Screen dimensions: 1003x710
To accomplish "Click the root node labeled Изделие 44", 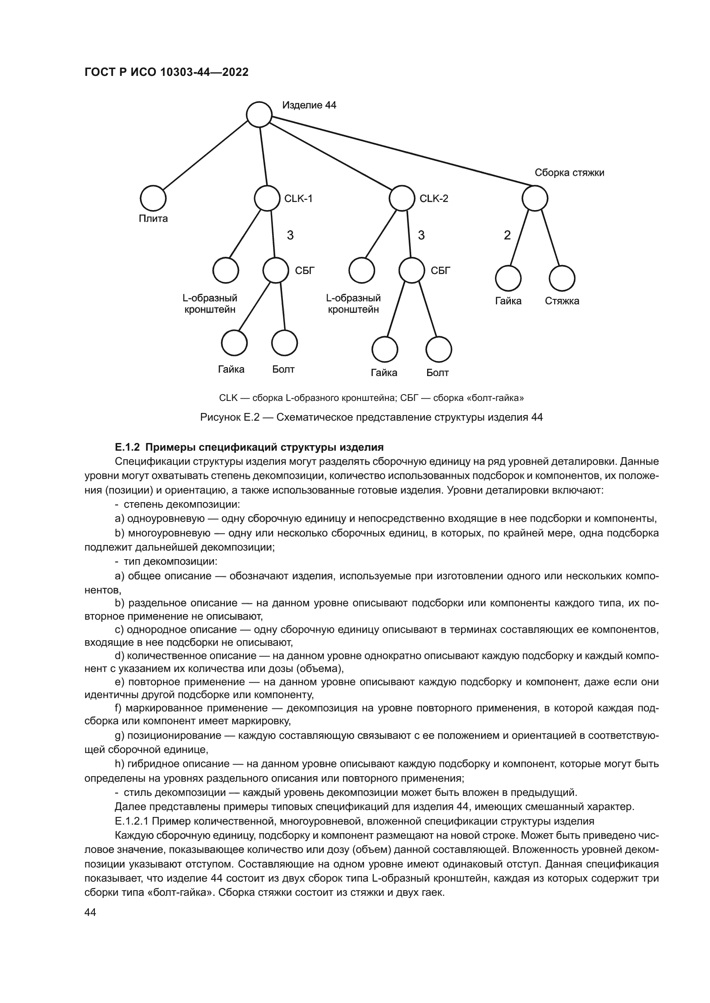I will (259, 114).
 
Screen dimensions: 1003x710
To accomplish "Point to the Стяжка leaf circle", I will (562, 278).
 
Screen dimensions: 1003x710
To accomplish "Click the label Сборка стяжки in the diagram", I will (569, 172).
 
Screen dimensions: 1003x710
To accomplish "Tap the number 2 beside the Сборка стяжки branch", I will (507, 235).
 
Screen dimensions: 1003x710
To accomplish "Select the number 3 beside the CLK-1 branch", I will (290, 235).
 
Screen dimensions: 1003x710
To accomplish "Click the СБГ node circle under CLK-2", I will (411, 271).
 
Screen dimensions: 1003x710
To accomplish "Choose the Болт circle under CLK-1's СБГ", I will (284, 343).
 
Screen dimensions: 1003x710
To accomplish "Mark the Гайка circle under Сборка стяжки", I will (508, 278).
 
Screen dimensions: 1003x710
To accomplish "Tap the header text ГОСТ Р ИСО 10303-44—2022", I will (166, 72).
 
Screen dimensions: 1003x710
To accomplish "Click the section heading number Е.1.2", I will (127, 447).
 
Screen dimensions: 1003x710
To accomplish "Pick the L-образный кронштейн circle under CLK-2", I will (361, 271).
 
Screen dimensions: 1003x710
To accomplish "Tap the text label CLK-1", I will (299, 199).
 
